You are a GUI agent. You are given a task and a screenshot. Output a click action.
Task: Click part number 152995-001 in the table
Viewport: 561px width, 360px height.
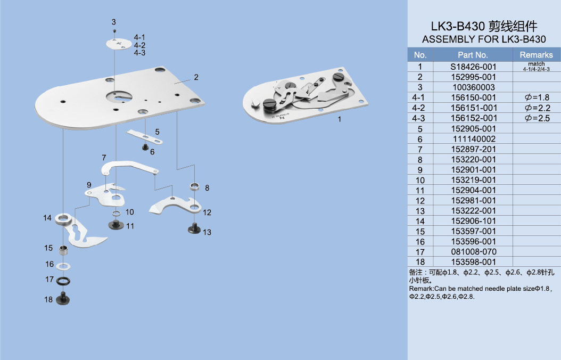click(473, 77)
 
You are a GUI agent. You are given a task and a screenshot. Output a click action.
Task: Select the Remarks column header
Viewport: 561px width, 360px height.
click(536, 55)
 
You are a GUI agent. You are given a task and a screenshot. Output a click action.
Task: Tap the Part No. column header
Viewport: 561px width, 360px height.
click(473, 55)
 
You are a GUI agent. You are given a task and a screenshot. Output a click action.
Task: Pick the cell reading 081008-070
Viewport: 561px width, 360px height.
click(474, 251)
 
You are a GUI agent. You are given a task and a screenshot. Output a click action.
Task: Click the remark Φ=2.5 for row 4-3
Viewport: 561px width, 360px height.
click(537, 118)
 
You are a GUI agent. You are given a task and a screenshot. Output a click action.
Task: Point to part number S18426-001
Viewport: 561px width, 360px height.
click(473, 67)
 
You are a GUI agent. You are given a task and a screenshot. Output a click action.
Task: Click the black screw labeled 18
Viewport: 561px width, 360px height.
click(63, 298)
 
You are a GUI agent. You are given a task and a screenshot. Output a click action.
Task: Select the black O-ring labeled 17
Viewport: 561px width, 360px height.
click(63, 281)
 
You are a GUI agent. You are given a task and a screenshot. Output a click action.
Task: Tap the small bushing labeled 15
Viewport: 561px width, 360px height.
click(63, 250)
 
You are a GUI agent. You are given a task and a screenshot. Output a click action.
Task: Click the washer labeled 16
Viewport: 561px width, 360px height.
click(64, 266)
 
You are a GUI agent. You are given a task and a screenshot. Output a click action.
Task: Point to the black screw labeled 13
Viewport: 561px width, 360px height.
click(194, 228)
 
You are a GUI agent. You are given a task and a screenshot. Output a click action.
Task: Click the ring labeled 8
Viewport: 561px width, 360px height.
click(194, 186)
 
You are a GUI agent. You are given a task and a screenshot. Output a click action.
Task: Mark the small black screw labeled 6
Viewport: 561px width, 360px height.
click(145, 147)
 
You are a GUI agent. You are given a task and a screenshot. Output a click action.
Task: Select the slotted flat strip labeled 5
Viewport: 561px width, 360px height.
click(145, 137)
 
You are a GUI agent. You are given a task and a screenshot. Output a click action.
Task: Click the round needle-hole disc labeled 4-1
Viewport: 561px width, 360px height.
click(119, 44)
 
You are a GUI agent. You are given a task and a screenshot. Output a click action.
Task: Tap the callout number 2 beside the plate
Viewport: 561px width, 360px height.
click(196, 77)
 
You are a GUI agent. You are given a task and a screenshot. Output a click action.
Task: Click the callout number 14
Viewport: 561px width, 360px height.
click(47, 218)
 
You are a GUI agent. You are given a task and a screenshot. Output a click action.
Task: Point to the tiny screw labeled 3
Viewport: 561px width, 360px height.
click(114, 31)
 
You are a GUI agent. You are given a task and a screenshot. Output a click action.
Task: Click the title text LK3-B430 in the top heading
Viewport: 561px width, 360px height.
click(458, 27)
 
